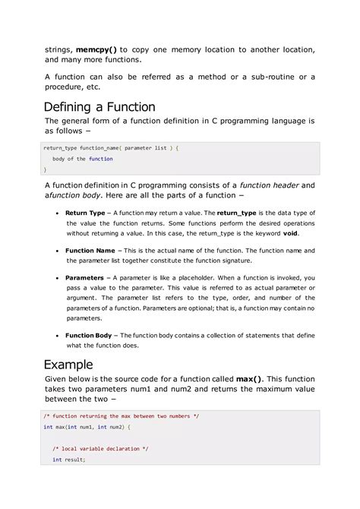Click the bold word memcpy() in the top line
96,49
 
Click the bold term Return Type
85,213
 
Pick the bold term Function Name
90,250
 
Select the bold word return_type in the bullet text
238,213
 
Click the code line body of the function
82,159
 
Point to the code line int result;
69,460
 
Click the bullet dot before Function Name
58,250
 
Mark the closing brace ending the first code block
45,169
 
